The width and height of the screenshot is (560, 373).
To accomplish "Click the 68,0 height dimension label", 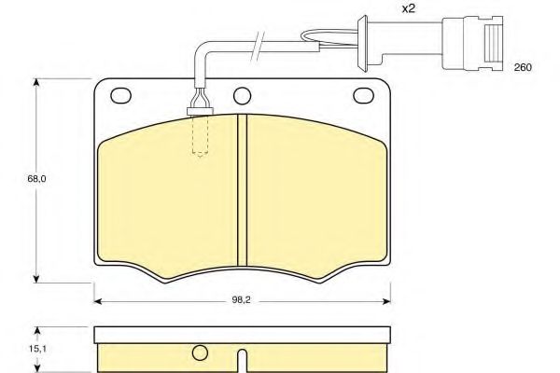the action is [x=36, y=178].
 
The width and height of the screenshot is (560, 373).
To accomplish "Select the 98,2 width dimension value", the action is [x=242, y=300].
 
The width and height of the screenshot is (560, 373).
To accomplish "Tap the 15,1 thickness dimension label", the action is [x=36, y=349].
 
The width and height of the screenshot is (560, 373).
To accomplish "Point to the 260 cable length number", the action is [x=523, y=67].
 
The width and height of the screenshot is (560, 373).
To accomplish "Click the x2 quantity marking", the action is [x=409, y=8].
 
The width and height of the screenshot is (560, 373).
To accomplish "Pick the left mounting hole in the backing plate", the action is [x=121, y=95].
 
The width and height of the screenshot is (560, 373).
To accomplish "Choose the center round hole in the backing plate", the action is [x=242, y=96].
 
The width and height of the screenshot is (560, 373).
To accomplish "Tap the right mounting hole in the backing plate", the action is [x=364, y=95].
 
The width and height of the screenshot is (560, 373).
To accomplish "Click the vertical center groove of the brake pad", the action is [x=242, y=190].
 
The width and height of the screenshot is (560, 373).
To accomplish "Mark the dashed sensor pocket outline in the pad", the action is [x=200, y=135].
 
